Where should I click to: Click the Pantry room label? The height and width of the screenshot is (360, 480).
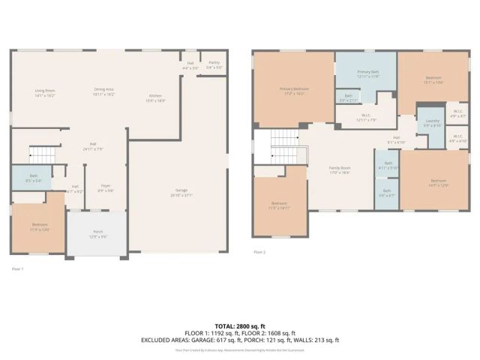(x=214, y=65)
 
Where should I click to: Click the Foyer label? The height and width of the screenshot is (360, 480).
(x=106, y=188)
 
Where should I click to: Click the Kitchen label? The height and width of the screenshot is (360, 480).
(x=155, y=97)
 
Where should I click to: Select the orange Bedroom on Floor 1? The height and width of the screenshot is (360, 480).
(x=39, y=226)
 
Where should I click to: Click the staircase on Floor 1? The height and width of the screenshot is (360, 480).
(x=43, y=154)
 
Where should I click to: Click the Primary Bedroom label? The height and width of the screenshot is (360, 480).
(x=295, y=91)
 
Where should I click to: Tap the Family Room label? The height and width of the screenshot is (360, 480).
(x=340, y=170)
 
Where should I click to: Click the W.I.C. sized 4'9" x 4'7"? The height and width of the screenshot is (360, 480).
(x=457, y=115)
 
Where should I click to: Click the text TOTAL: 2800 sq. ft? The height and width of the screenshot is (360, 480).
(x=239, y=326)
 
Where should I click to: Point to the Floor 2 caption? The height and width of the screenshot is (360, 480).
(x=259, y=253)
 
